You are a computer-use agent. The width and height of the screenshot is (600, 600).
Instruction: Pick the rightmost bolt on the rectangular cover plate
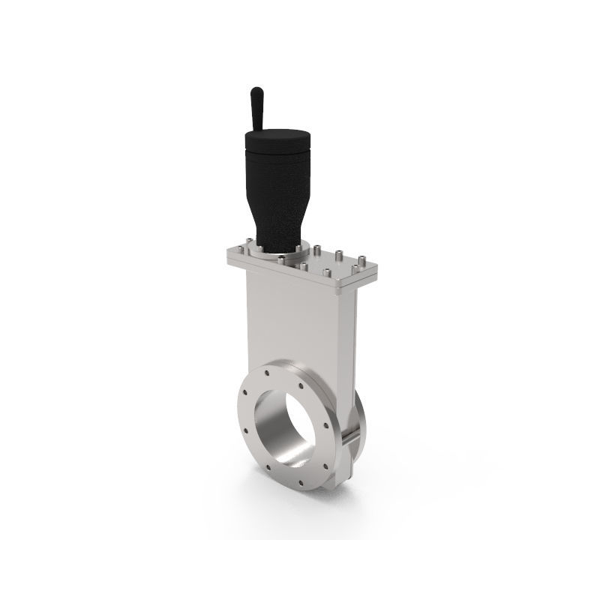pos(364,262)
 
